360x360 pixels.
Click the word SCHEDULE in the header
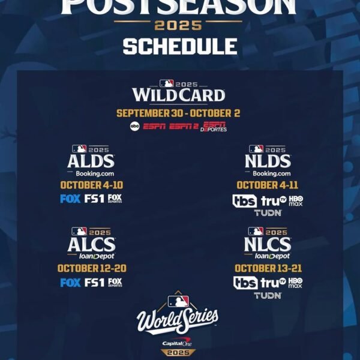(x=180, y=46)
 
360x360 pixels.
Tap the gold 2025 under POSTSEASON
(x=179, y=26)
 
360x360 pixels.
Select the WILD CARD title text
(x=179, y=95)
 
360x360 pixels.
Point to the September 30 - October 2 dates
(x=179, y=113)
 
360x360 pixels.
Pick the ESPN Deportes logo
(x=214, y=127)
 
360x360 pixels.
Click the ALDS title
(x=91, y=161)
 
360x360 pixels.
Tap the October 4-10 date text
(x=91, y=185)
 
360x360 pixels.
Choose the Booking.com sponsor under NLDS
(x=268, y=173)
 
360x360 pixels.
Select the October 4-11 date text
(x=268, y=185)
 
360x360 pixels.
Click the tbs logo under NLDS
(x=245, y=201)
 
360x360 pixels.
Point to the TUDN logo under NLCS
(x=268, y=295)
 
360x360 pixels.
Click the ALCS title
(x=91, y=244)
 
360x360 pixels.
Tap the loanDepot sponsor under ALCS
(x=91, y=256)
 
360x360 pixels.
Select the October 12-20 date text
(x=91, y=268)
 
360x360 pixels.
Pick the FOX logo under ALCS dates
(x=70, y=283)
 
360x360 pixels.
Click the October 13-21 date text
(x=268, y=268)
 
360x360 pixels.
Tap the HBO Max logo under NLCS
(x=295, y=283)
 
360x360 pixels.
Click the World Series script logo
(x=178, y=320)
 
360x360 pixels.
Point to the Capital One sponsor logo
(x=177, y=343)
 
